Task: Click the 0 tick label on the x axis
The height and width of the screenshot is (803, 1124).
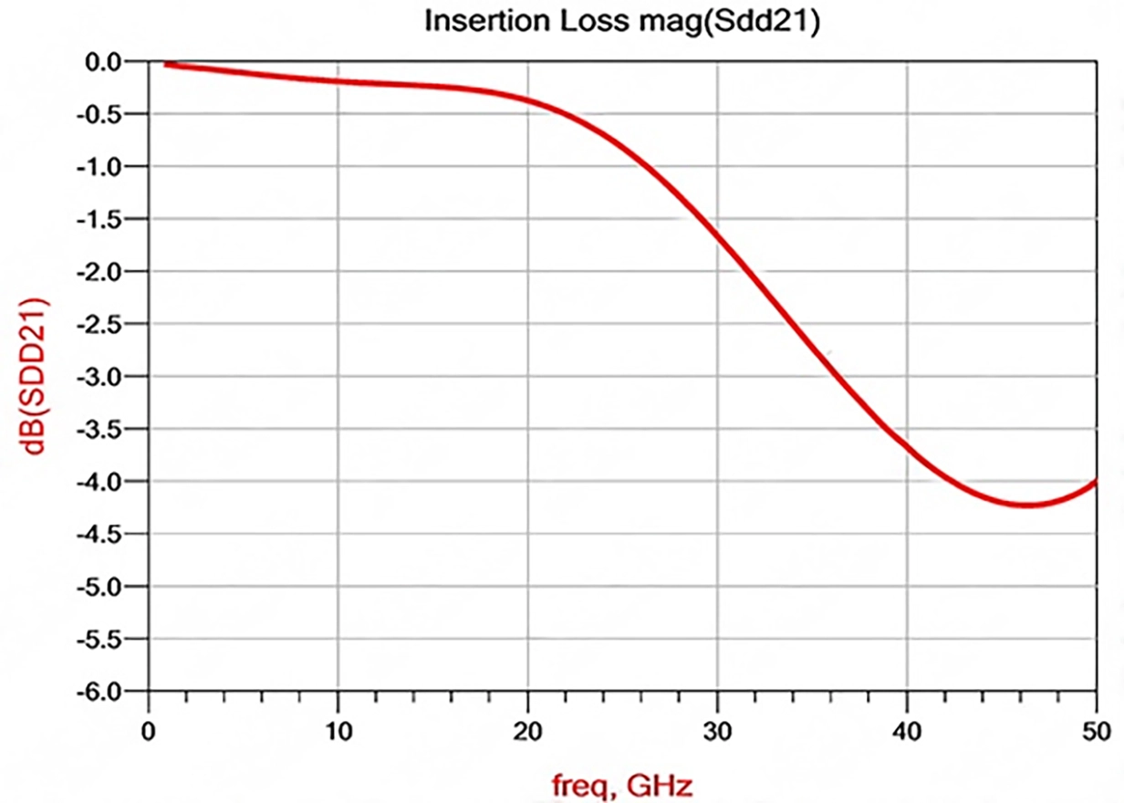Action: coord(149,732)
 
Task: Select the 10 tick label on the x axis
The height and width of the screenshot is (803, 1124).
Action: coord(338,732)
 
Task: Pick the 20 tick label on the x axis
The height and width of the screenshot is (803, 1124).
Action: coord(528,732)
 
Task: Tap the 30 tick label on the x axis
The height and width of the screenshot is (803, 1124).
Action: coord(718,732)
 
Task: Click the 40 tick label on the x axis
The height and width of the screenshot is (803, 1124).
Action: coord(908,732)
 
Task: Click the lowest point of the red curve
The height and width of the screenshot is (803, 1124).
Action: coord(1028,505)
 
